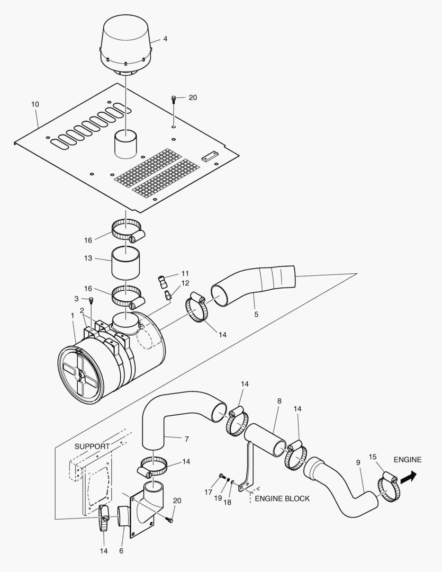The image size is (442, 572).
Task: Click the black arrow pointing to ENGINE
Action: [x=408, y=477]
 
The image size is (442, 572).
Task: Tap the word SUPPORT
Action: [x=92, y=446]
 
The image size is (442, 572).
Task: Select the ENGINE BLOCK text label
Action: [x=282, y=498]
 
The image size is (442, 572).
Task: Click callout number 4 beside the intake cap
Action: [x=165, y=39]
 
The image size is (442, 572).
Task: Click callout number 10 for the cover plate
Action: [x=35, y=104]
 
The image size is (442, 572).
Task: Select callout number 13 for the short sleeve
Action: [x=88, y=258]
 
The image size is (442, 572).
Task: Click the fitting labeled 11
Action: [x=162, y=282]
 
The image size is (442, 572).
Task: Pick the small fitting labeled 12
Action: [x=168, y=295]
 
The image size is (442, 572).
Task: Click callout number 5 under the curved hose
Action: [x=256, y=314]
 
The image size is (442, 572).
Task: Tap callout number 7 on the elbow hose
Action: [x=187, y=439]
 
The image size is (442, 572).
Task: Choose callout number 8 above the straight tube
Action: [x=279, y=401]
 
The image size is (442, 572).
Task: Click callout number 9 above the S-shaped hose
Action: [x=358, y=462]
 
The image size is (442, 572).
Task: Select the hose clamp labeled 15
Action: [x=389, y=486]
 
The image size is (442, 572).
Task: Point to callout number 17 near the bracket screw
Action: [x=208, y=493]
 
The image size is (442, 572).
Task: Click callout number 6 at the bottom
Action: [x=121, y=551]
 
